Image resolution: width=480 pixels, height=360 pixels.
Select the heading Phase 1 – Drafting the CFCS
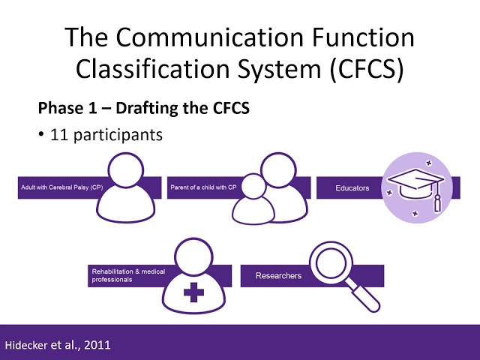pyautogui.click(x=144, y=108)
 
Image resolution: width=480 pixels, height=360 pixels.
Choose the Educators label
pyautogui.click(x=352, y=187)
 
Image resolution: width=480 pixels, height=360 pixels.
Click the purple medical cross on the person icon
pyautogui.click(x=193, y=289)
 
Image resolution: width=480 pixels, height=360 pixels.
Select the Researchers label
pyautogui.click(x=278, y=276)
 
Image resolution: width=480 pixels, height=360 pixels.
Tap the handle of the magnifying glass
pyautogui.click(x=367, y=298)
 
